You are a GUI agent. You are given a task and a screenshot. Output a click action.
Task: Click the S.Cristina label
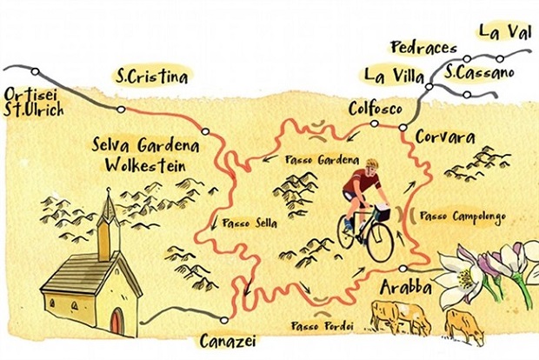(152, 77)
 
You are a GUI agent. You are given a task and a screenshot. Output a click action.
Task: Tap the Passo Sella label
(250, 223)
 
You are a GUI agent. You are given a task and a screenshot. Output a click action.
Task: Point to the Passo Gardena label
(321, 161)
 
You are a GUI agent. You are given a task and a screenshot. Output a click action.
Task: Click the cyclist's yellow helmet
(372, 163)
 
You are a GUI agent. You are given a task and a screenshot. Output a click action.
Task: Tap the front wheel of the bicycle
(380, 242)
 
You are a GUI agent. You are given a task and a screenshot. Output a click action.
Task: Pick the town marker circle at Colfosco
(373, 124)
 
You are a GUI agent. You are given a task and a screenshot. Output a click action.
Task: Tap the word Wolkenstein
(144, 163)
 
